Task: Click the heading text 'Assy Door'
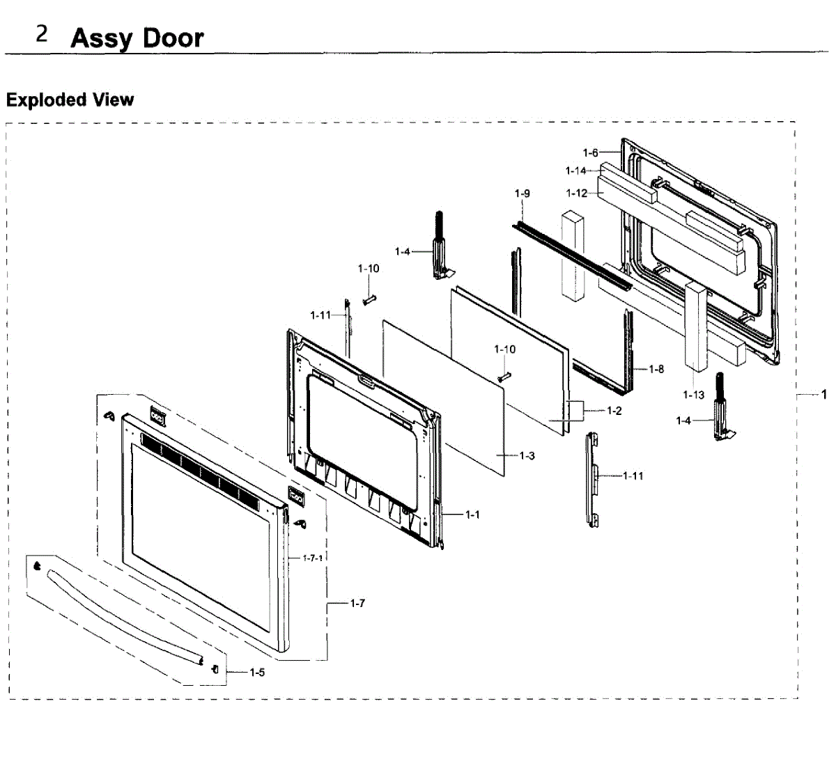[137, 38]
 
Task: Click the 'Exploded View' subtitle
[70, 100]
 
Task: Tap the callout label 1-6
[590, 152]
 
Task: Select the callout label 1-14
[576, 171]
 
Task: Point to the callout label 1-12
[576, 193]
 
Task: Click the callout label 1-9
[522, 193]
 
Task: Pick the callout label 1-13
[694, 395]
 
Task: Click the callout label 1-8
[656, 369]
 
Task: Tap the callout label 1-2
[614, 411]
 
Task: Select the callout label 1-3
[527, 456]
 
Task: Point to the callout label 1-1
[472, 515]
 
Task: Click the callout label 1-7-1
[313, 558]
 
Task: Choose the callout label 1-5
[257, 673]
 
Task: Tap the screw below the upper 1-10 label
[369, 299]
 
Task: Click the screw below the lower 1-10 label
[504, 376]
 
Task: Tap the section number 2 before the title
[42, 34]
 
